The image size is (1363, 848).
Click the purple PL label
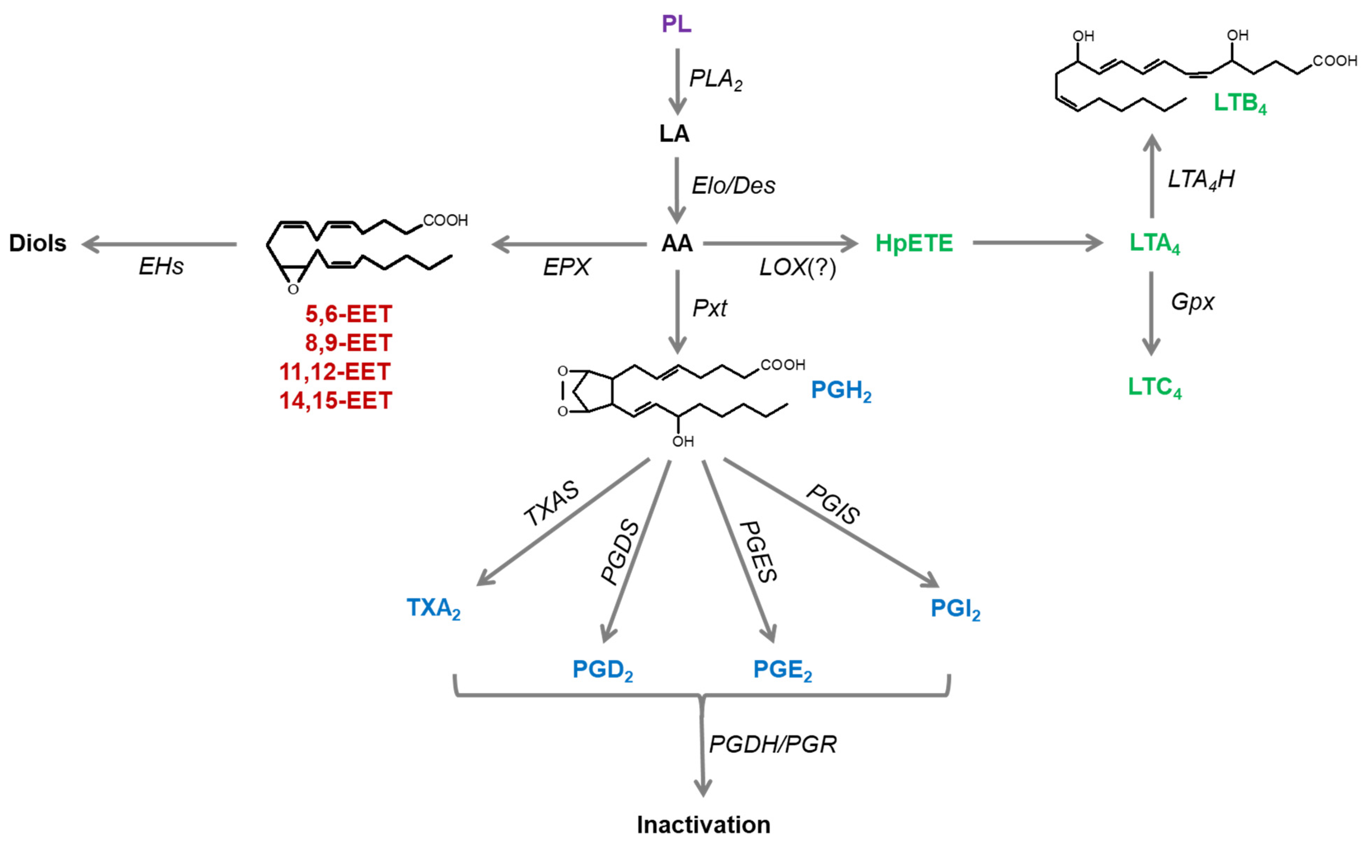(676, 24)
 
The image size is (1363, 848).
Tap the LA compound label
(674, 134)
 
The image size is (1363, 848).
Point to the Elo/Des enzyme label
(733, 186)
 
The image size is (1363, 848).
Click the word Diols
(38, 243)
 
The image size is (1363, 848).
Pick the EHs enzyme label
(161, 267)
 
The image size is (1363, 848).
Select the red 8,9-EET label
(348, 343)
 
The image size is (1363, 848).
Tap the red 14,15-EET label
(335, 401)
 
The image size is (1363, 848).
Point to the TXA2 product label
(433, 608)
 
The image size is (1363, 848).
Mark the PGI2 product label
(955, 609)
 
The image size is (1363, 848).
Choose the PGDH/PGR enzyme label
(773, 744)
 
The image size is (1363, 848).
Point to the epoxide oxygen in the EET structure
(293, 289)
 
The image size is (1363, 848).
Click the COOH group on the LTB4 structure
(1334, 61)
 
